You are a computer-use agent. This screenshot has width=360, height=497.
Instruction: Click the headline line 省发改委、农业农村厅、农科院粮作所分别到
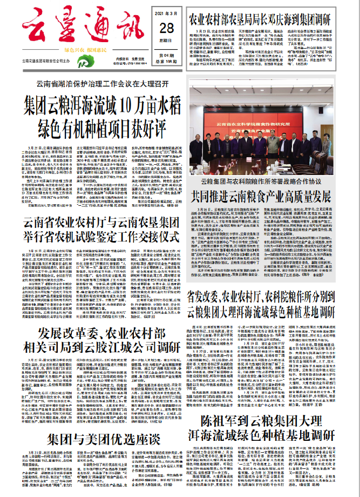tap(268, 296)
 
